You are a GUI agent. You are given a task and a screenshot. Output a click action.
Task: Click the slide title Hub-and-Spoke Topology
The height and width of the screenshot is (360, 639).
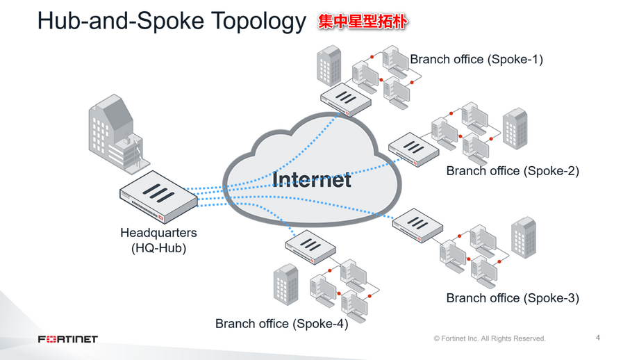[171, 22]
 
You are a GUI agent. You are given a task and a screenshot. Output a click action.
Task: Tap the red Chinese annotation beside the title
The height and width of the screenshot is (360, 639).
[362, 22]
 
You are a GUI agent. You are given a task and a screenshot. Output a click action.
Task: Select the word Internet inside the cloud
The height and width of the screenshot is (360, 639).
[312, 179]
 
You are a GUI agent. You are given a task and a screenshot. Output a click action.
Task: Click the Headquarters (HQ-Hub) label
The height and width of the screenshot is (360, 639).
[158, 240]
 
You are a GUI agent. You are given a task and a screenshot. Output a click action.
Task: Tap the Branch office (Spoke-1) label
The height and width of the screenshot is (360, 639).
[476, 59]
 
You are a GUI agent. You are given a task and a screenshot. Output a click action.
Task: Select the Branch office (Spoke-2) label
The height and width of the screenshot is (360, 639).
[512, 170]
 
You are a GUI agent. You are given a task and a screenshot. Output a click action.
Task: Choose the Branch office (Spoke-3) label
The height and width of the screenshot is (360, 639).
[512, 297]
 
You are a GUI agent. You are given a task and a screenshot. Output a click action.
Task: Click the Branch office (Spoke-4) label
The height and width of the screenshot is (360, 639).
[281, 323]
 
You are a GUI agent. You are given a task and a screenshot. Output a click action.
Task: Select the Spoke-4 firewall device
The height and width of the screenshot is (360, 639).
[310, 247]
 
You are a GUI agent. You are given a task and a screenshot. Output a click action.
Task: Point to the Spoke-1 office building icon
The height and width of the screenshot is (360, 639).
[329, 63]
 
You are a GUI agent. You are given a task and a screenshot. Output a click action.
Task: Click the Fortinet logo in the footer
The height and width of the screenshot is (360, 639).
[67, 339]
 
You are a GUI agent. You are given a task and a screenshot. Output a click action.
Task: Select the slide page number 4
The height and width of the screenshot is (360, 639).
[598, 338]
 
